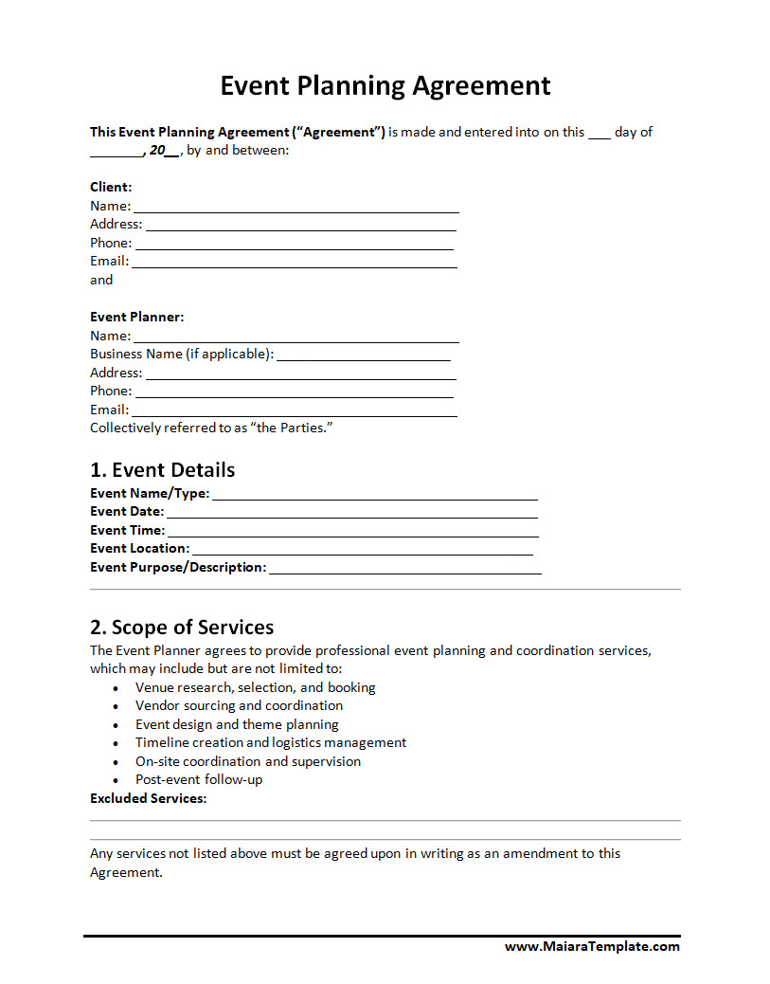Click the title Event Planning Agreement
385,85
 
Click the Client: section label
111,187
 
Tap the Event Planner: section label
136,317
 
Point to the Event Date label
126,512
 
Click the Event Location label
139,549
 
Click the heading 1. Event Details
162,470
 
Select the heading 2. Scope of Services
182,628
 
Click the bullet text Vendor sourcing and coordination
239,706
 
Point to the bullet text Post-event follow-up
199,780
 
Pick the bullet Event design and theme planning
237,725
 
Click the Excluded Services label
148,799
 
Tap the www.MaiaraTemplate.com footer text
592,946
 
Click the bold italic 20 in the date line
157,151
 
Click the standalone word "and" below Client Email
101,280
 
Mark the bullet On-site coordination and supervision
247,762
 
